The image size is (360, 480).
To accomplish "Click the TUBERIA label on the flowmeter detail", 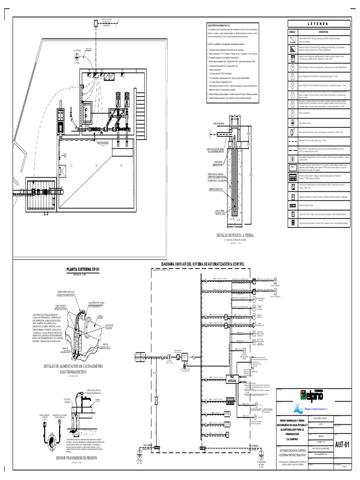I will point(100,316).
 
